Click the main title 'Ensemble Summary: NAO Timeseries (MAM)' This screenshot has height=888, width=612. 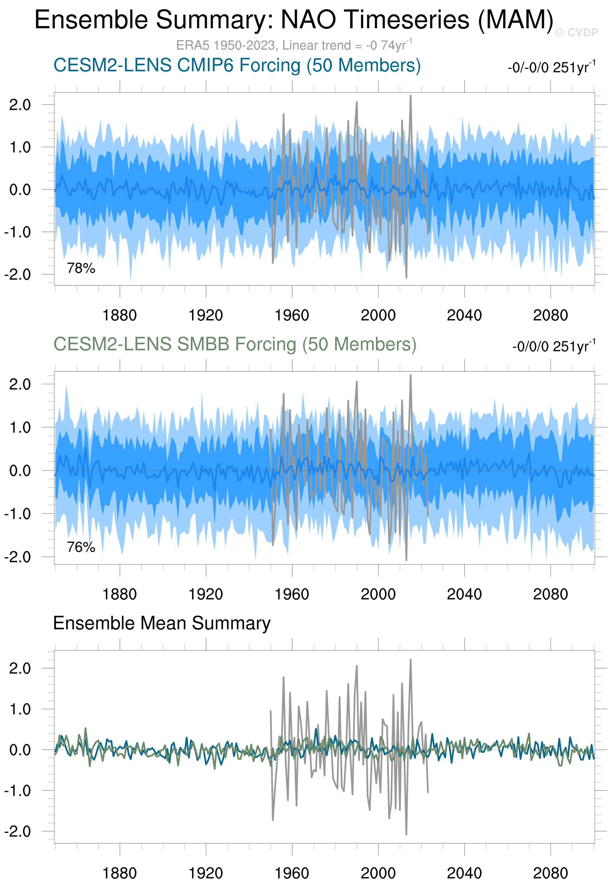tap(294, 20)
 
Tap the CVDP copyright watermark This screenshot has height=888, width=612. tap(576, 33)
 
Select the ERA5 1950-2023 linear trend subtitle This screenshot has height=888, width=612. tap(294, 45)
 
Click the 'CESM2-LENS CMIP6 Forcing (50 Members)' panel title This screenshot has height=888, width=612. tap(237, 65)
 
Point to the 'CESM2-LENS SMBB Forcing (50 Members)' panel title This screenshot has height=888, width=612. tap(235, 344)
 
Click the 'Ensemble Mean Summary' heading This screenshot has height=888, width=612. tap(161, 623)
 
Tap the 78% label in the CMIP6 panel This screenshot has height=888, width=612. tap(81, 268)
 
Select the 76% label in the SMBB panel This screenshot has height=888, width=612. tap(81, 547)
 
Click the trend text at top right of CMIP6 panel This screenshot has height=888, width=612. tap(551, 67)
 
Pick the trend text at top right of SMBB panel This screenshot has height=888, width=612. tap(553, 346)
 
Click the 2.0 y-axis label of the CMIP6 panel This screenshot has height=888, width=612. tap(20, 104)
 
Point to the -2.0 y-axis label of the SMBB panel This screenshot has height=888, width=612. tap(18, 557)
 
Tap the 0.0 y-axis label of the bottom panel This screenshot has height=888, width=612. tap(20, 750)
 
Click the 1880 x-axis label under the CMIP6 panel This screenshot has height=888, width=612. tap(120, 316)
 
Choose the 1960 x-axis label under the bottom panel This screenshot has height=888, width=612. tap(292, 874)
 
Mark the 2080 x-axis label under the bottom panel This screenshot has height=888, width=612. tap(550, 874)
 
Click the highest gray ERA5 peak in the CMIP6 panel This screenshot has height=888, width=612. tap(410, 96)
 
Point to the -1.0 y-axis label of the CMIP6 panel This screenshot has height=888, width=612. tap(18, 232)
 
